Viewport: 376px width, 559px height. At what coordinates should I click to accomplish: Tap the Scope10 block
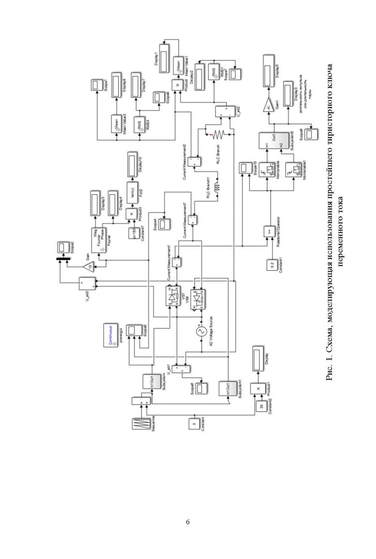pos(244,168)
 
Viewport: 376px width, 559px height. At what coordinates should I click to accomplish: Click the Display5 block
pos(269,67)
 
